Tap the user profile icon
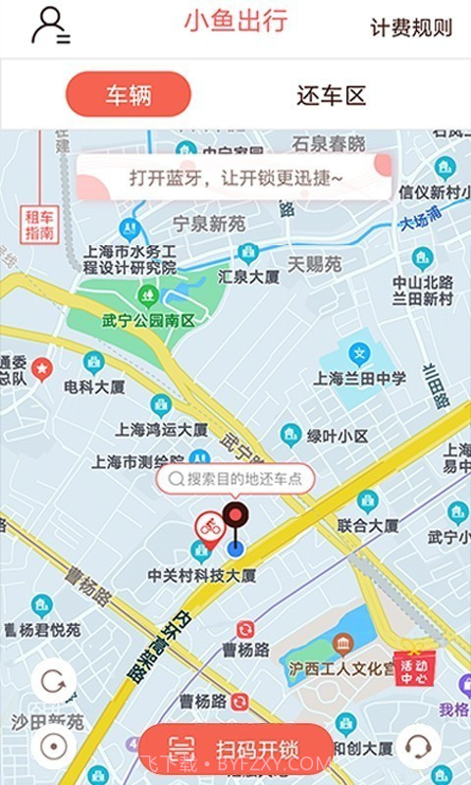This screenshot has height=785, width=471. [49, 26]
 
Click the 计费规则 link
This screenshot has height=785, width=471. [411, 27]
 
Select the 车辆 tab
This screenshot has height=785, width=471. [128, 95]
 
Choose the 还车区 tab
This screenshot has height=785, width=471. [331, 95]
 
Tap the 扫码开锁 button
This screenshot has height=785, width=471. [235, 751]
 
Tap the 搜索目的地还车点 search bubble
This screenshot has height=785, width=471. [235, 479]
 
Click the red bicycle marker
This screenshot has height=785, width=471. [208, 527]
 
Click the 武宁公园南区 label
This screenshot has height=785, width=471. [148, 321]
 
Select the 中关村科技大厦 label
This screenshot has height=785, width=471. [201, 575]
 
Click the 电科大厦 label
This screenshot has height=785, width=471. [94, 387]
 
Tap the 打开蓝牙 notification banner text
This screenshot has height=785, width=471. [235, 179]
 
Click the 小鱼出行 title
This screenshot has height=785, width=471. [235, 22]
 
